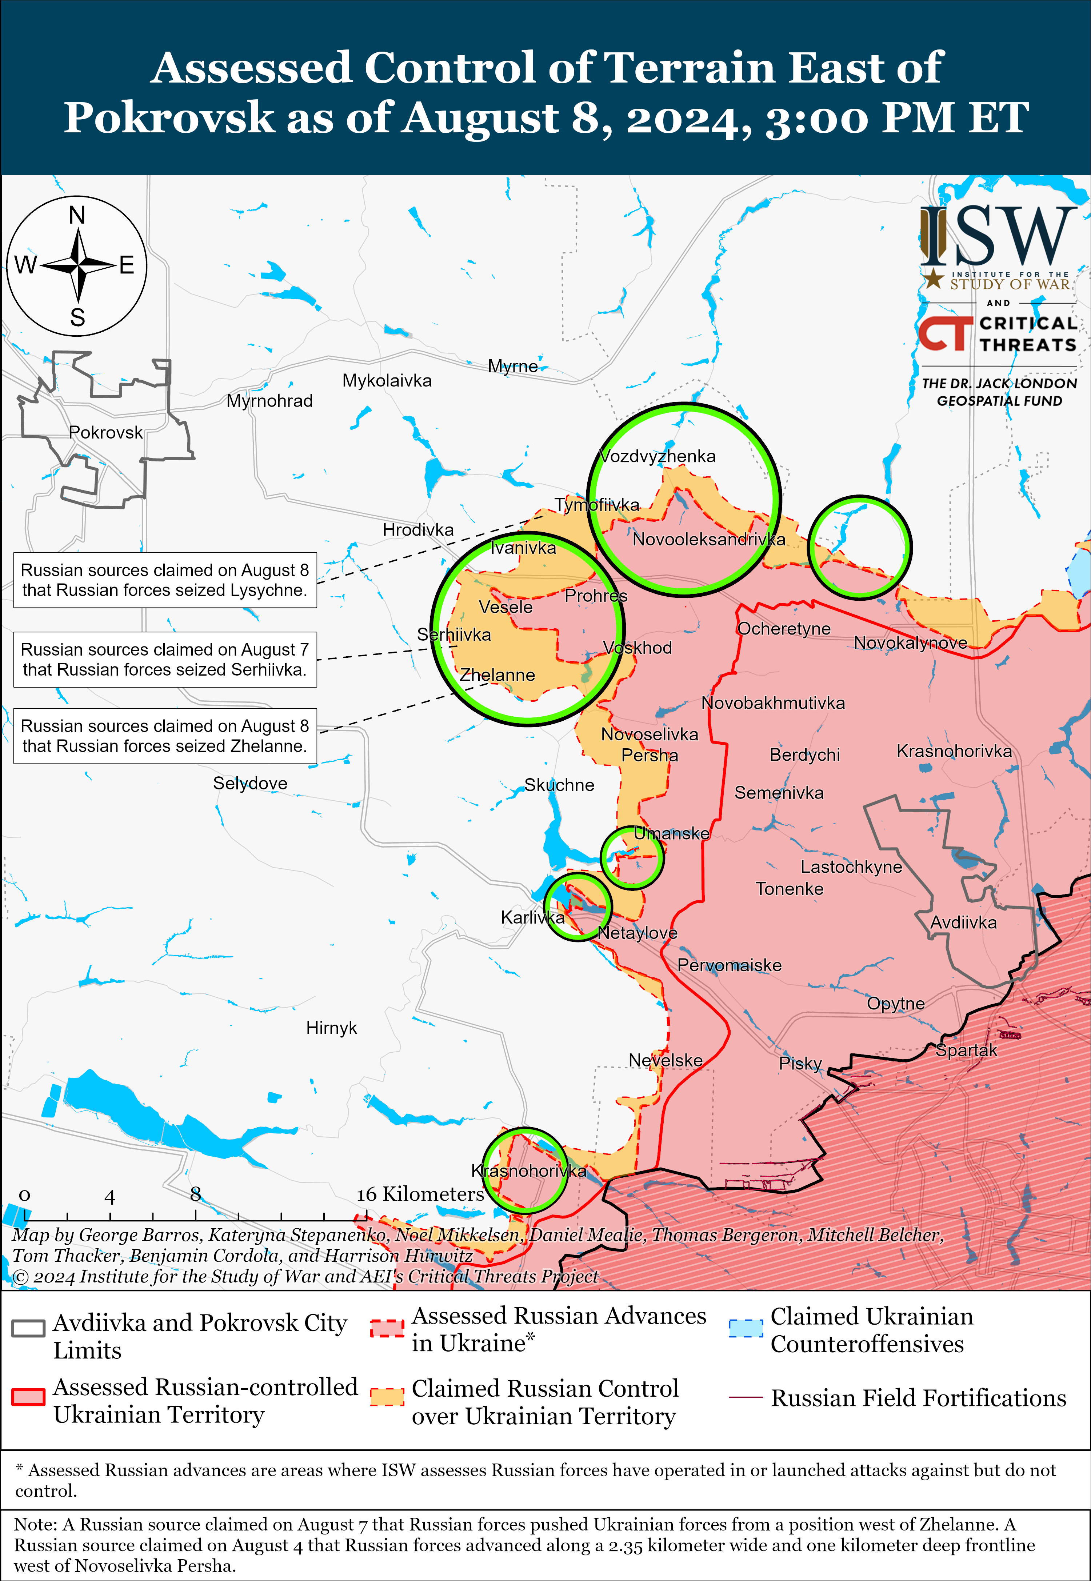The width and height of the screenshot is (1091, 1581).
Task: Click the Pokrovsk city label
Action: point(106,433)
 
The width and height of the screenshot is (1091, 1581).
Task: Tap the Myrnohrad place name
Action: point(269,401)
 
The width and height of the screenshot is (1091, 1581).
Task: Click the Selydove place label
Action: point(250,783)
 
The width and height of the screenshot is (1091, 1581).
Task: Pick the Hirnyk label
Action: point(332,1028)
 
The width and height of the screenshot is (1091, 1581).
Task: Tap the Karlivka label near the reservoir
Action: point(532,917)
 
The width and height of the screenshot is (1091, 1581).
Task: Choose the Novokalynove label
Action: point(911,643)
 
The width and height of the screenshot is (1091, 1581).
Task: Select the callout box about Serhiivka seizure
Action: point(165,660)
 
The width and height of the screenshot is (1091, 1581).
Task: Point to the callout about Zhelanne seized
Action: point(165,736)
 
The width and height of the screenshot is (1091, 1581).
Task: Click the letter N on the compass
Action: point(77,215)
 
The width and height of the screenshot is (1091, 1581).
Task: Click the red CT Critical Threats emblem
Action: point(945,333)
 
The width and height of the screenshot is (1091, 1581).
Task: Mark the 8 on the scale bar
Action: point(196,1194)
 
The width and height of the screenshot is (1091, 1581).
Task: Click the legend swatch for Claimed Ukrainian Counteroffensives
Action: point(745,1328)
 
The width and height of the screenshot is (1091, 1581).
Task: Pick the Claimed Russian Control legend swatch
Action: point(387,1398)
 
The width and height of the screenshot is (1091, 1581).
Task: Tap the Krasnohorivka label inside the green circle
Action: point(528,1171)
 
